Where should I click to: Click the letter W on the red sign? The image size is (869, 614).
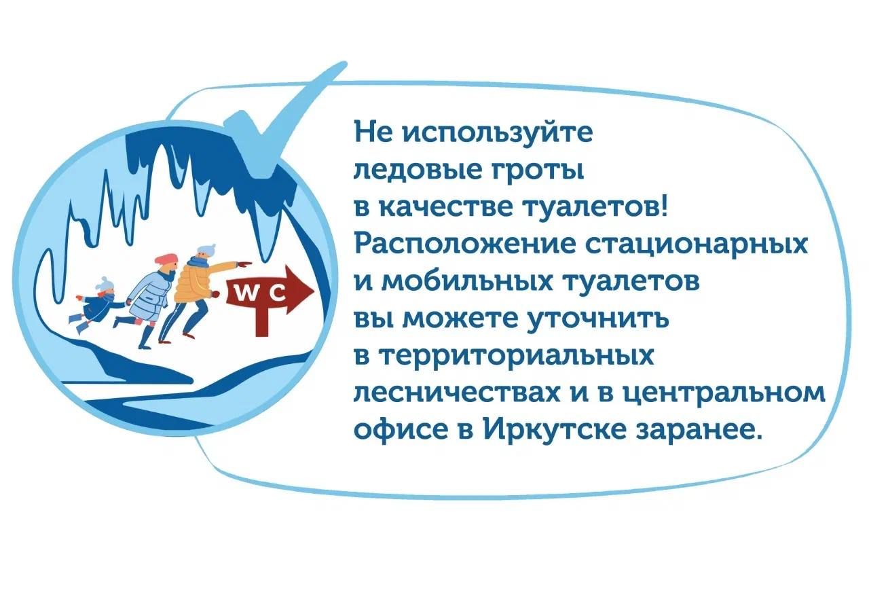point(246,294)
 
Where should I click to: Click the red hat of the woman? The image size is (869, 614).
point(166,259)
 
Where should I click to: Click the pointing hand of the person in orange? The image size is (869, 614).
point(244,265)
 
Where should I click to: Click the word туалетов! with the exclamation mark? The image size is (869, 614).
point(595,206)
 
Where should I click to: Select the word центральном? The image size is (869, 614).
point(724,394)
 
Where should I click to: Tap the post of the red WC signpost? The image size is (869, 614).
point(262,319)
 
